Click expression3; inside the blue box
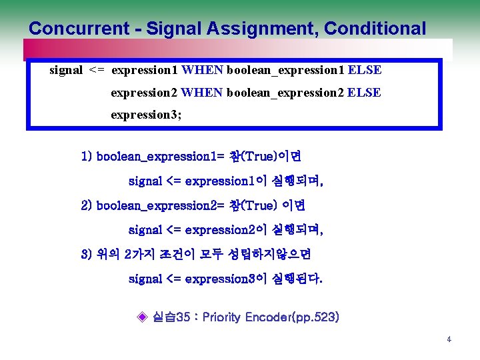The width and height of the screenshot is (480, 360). (146, 115)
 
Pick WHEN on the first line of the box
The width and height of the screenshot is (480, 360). (203, 70)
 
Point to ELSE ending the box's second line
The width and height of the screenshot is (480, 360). (365, 93)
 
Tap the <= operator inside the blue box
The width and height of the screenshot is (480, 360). (97, 70)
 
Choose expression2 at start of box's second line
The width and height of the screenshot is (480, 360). (144, 93)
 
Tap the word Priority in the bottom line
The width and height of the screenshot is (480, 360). (224, 317)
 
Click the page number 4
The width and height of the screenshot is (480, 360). (449, 339)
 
